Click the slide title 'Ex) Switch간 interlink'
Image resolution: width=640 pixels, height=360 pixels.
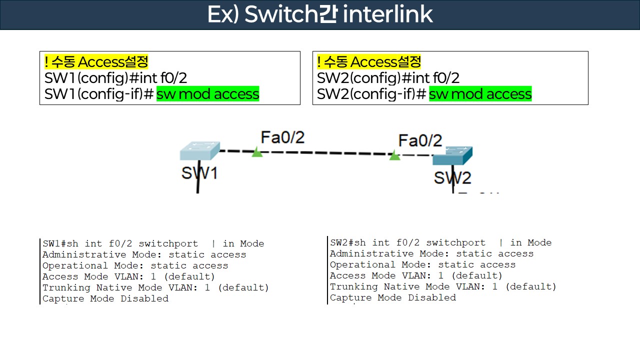(x=320, y=14)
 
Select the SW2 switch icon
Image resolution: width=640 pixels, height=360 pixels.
(x=452, y=156)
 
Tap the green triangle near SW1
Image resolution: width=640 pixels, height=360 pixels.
(x=257, y=152)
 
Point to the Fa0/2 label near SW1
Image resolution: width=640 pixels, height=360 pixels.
(x=282, y=137)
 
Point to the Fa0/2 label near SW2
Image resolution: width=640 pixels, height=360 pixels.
(x=420, y=140)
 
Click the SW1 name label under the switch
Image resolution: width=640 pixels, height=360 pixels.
(x=199, y=173)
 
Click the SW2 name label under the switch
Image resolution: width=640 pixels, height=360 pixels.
(x=452, y=177)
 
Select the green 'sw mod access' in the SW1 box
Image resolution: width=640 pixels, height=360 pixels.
(x=207, y=94)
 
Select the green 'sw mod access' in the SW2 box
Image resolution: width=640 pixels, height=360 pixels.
(x=480, y=94)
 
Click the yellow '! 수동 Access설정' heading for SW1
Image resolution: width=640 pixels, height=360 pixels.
(x=96, y=62)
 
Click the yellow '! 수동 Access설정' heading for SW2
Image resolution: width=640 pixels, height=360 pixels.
(x=369, y=62)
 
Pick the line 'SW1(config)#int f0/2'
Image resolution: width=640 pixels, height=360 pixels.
(x=115, y=78)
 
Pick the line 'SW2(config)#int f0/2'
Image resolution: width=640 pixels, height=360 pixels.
(x=388, y=78)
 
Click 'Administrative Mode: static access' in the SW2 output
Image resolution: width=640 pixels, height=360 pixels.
(x=431, y=253)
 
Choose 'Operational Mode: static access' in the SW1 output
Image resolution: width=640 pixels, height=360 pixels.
(x=135, y=265)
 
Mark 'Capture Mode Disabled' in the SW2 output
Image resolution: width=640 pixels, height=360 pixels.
(x=392, y=297)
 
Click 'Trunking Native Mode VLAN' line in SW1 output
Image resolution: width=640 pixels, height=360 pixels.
(x=155, y=287)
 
